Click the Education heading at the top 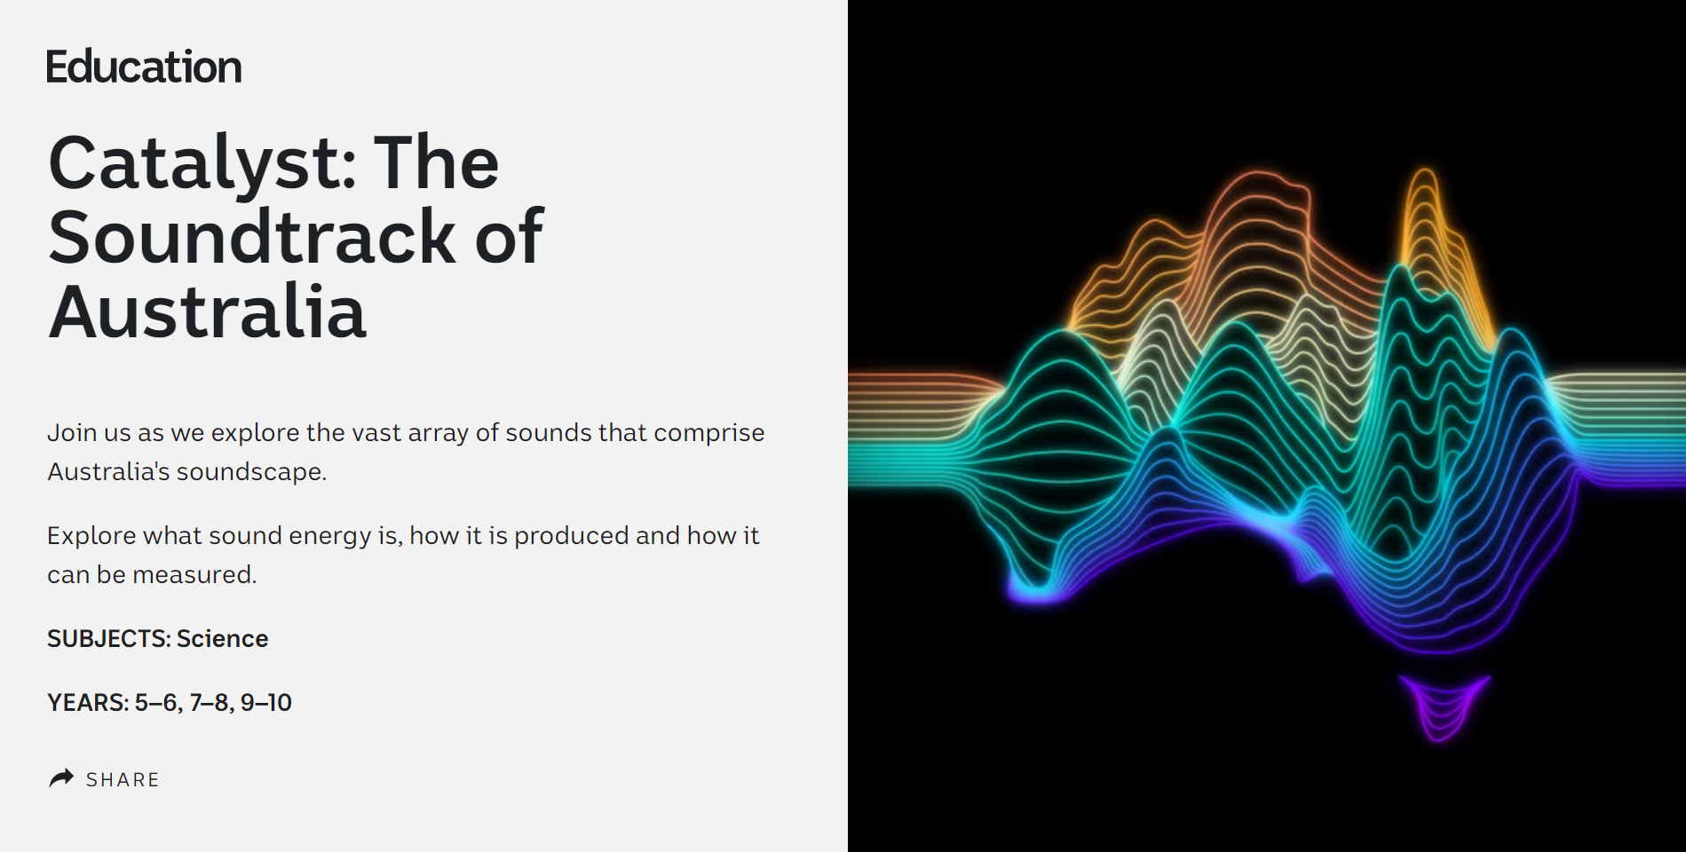point(144,67)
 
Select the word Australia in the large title point(207,312)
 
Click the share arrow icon point(61,778)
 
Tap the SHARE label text point(123,780)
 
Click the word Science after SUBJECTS point(222,639)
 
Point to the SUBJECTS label point(108,639)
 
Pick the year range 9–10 point(265,703)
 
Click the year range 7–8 point(211,703)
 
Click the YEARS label point(88,703)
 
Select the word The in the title point(436,163)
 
